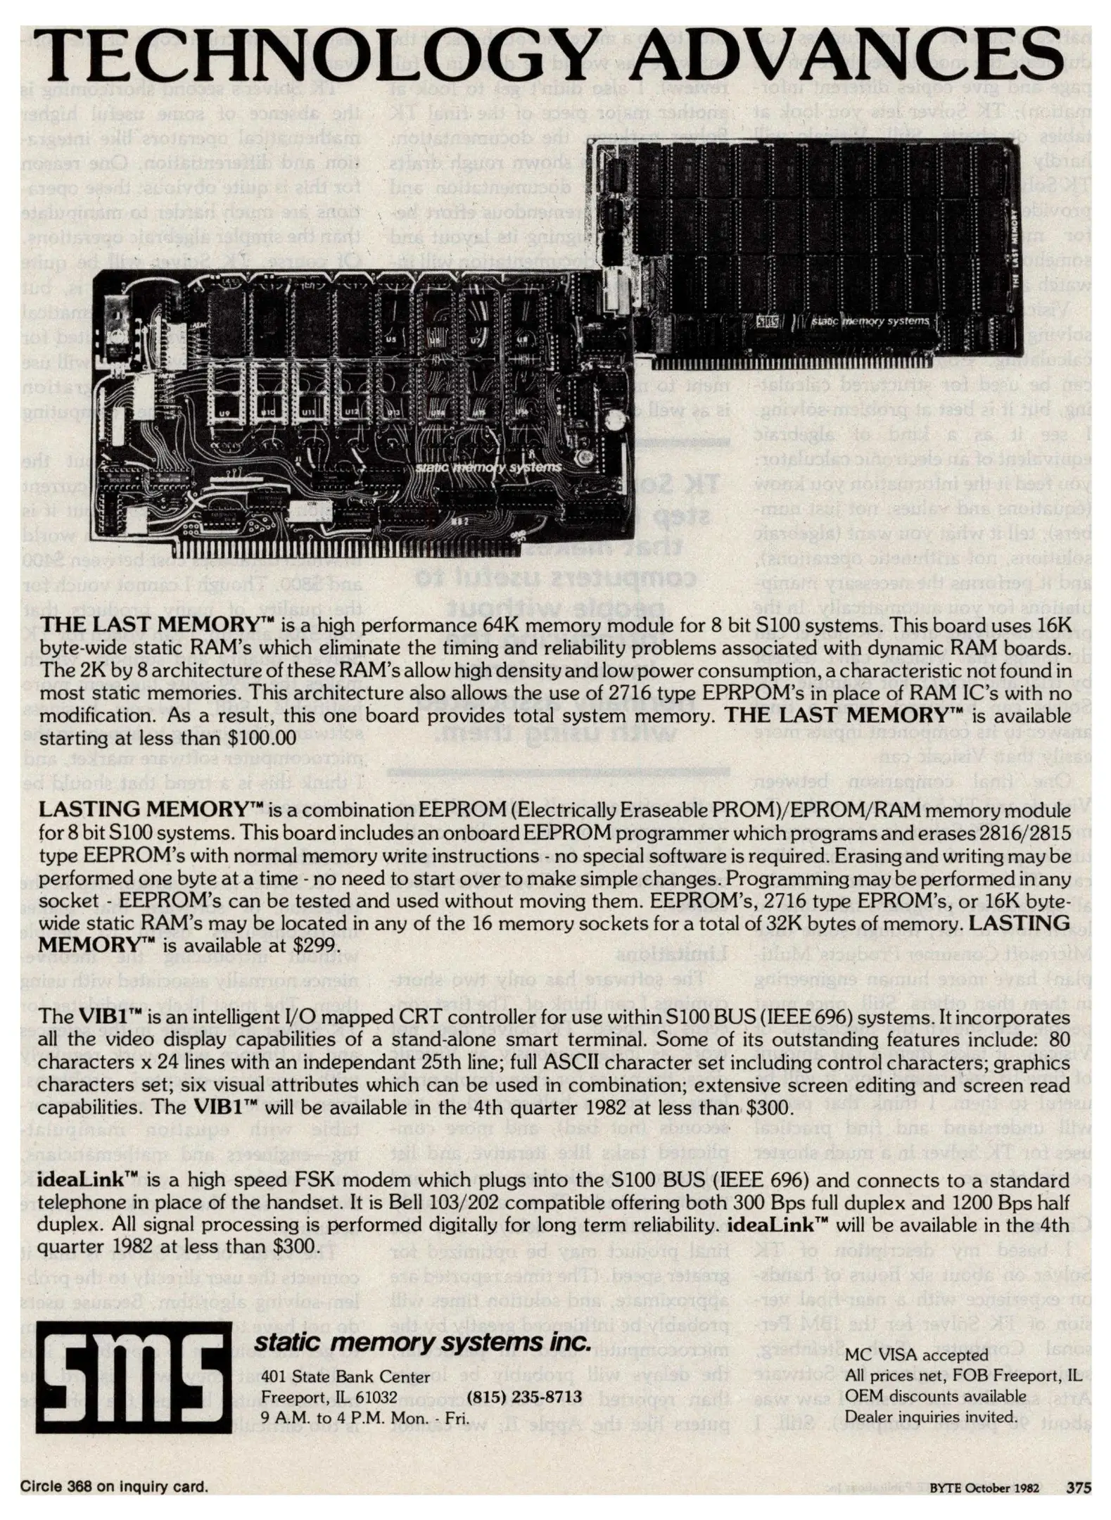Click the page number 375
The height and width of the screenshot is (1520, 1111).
1078,1488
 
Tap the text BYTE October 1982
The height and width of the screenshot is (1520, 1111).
984,1488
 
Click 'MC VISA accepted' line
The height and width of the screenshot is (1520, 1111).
916,1355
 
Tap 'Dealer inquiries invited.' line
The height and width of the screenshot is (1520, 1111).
930,1416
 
